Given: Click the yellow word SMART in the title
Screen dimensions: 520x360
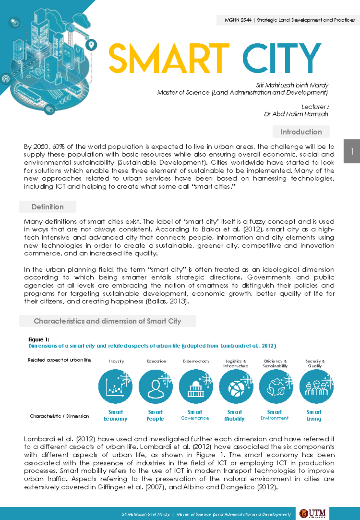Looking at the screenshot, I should pos(169,58).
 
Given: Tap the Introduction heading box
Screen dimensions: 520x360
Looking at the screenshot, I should pos(301,132).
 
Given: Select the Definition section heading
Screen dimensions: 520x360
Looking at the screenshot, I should pos(48,207).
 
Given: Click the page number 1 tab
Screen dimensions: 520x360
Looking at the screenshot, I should pos(352,151).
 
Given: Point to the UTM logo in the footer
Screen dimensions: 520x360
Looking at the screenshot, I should pos(313,513).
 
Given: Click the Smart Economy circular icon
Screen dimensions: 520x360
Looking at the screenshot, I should pos(115,386).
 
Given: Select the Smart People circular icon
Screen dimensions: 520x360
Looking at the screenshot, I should pos(155,386).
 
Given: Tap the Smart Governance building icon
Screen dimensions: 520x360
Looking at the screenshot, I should pos(196,386).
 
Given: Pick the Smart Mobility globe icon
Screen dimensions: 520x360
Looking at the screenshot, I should pos(236,386).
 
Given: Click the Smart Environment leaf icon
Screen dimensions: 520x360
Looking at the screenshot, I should pos(276,386).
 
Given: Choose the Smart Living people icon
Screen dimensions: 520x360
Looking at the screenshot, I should pos(316,386).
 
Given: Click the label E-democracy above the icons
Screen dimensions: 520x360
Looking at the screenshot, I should pos(196,361).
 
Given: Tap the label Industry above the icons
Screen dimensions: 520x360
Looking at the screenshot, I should pos(116,361).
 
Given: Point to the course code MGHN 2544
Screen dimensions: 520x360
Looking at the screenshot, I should pos(238,20).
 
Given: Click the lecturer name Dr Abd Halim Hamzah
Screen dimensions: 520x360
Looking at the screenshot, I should pos(296,114).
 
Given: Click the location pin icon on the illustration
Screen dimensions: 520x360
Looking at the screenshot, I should pos(91,45).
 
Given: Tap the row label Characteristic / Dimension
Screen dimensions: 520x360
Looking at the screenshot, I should pos(59,416).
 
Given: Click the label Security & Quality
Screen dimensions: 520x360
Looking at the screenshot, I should pos(315,363).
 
